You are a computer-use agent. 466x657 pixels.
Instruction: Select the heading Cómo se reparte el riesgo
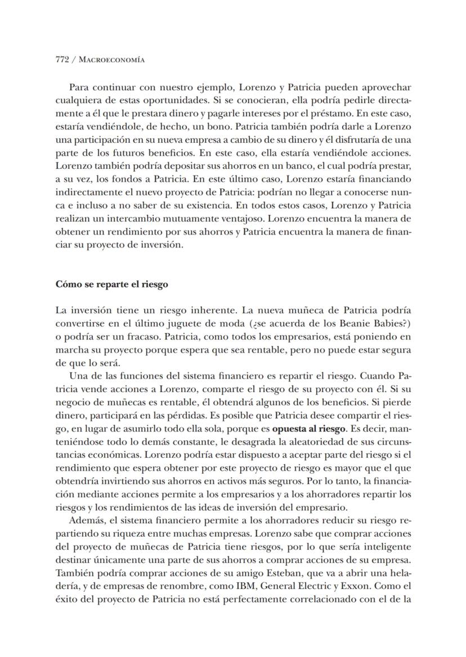pyautogui.click(x=112, y=284)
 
